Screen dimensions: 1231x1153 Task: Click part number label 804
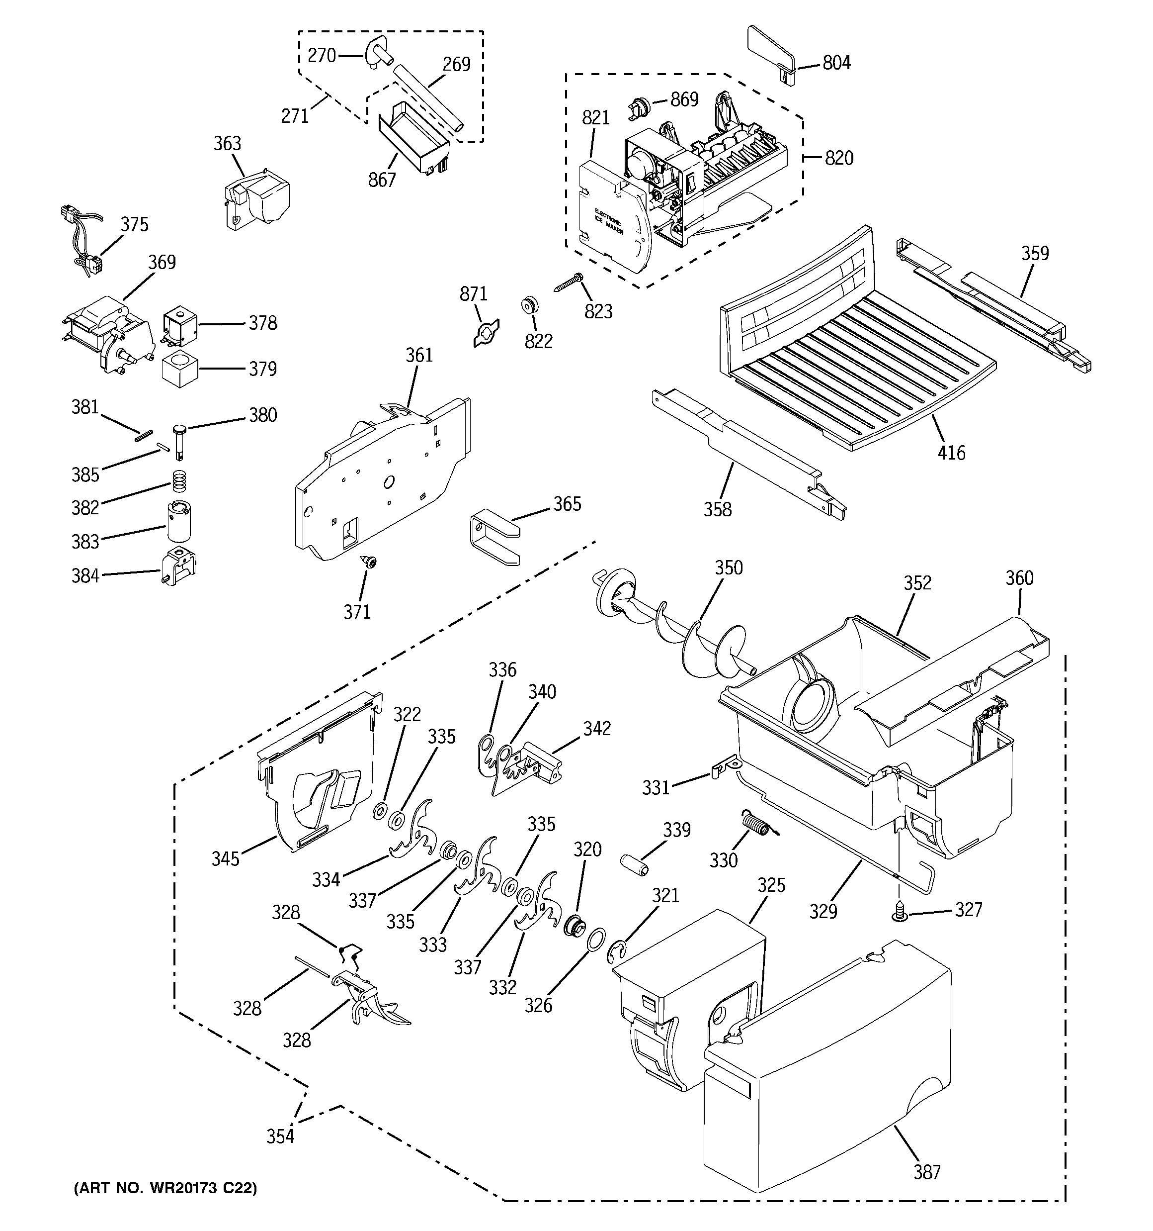(x=836, y=63)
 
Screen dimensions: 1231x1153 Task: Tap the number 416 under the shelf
(x=951, y=453)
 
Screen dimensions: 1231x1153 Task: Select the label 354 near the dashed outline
(x=280, y=1136)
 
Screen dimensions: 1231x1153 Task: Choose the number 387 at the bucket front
(x=926, y=1172)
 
